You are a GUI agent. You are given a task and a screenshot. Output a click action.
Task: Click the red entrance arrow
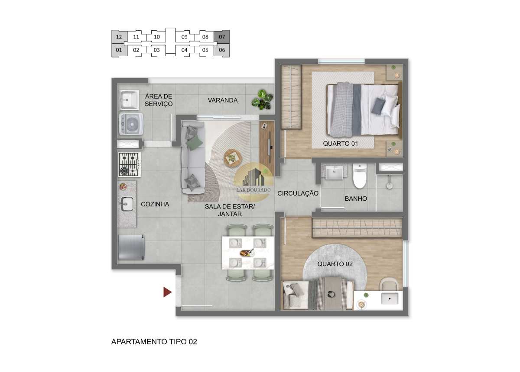(167, 292)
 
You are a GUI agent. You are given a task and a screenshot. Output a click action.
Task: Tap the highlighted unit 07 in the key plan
(222, 37)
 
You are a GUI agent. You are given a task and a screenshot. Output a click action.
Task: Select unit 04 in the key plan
(184, 50)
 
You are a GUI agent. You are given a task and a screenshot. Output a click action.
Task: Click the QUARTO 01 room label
(340, 144)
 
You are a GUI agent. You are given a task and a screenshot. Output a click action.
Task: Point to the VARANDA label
(223, 100)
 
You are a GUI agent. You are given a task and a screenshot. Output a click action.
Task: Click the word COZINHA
(155, 204)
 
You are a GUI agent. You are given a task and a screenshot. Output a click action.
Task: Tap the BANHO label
(356, 199)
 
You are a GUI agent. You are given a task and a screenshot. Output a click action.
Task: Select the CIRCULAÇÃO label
(298, 193)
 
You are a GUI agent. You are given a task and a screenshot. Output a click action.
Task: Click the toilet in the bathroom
(359, 176)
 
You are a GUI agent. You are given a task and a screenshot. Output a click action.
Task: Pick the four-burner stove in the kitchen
(130, 164)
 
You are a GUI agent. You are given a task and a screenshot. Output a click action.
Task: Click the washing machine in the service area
(131, 124)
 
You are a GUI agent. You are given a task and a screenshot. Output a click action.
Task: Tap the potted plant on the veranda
(262, 99)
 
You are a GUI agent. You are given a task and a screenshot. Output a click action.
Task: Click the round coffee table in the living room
(233, 158)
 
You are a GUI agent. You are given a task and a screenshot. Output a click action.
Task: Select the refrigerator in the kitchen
(131, 247)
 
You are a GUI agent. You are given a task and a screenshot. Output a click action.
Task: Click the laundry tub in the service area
(129, 100)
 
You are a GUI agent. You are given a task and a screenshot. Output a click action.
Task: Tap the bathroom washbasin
(334, 172)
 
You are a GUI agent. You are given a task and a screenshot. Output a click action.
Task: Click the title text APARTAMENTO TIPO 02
(154, 342)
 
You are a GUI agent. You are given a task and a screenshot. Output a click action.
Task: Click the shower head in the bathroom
(389, 186)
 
